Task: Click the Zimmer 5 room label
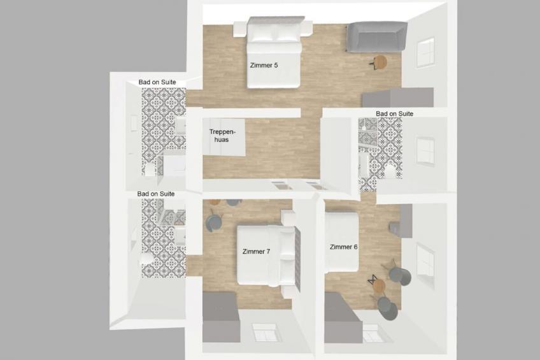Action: click(x=264, y=65)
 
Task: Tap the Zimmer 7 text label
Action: click(x=256, y=252)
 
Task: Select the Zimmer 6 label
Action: click(x=343, y=247)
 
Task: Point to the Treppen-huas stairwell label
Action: click(x=222, y=136)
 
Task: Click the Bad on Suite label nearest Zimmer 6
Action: click(x=394, y=113)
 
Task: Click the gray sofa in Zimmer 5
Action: click(x=377, y=36)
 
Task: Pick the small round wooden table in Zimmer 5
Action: click(x=380, y=62)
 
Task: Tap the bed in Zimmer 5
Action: click(x=274, y=52)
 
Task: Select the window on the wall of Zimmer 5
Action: click(x=425, y=53)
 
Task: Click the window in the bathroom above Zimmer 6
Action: click(x=425, y=151)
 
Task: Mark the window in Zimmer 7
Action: click(x=264, y=332)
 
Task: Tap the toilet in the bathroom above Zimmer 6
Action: click(x=389, y=171)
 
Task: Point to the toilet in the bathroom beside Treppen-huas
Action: click(x=150, y=170)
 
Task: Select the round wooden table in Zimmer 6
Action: click(x=379, y=285)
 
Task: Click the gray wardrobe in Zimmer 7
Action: click(x=221, y=317)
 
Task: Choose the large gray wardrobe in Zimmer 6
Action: click(x=343, y=317)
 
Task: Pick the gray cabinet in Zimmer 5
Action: click(x=398, y=97)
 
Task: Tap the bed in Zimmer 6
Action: click(x=341, y=243)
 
